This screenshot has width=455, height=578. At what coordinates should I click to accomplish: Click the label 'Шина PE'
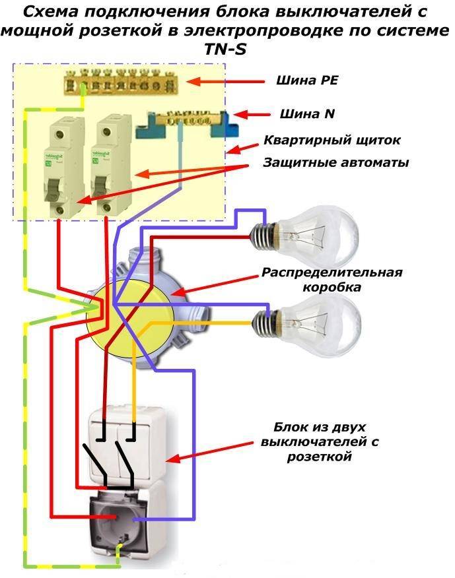coord(307,80)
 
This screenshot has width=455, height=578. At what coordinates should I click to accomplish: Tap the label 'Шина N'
coord(307,113)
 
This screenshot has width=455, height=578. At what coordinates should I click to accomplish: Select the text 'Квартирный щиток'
coord(332,141)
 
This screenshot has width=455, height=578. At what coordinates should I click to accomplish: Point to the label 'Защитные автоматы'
coord(336,162)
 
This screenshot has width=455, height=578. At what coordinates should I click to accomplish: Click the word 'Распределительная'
coord(332,273)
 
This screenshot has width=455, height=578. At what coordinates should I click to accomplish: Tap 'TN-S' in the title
coord(225,49)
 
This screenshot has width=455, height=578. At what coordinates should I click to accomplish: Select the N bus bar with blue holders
coord(187,124)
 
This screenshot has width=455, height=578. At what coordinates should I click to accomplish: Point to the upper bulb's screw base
coord(263,236)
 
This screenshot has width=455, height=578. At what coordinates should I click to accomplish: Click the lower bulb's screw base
coord(265,323)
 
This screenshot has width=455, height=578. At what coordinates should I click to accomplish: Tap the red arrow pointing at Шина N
coord(251,115)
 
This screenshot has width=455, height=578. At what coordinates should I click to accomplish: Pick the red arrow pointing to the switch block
coord(209,452)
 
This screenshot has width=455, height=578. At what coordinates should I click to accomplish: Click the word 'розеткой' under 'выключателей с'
coord(319,457)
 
